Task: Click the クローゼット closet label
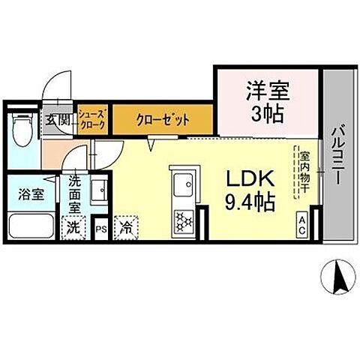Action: coord(163,119)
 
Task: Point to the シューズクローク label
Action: coord(94,118)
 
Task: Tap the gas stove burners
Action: coord(182,219)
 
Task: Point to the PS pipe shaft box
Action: coord(100,226)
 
